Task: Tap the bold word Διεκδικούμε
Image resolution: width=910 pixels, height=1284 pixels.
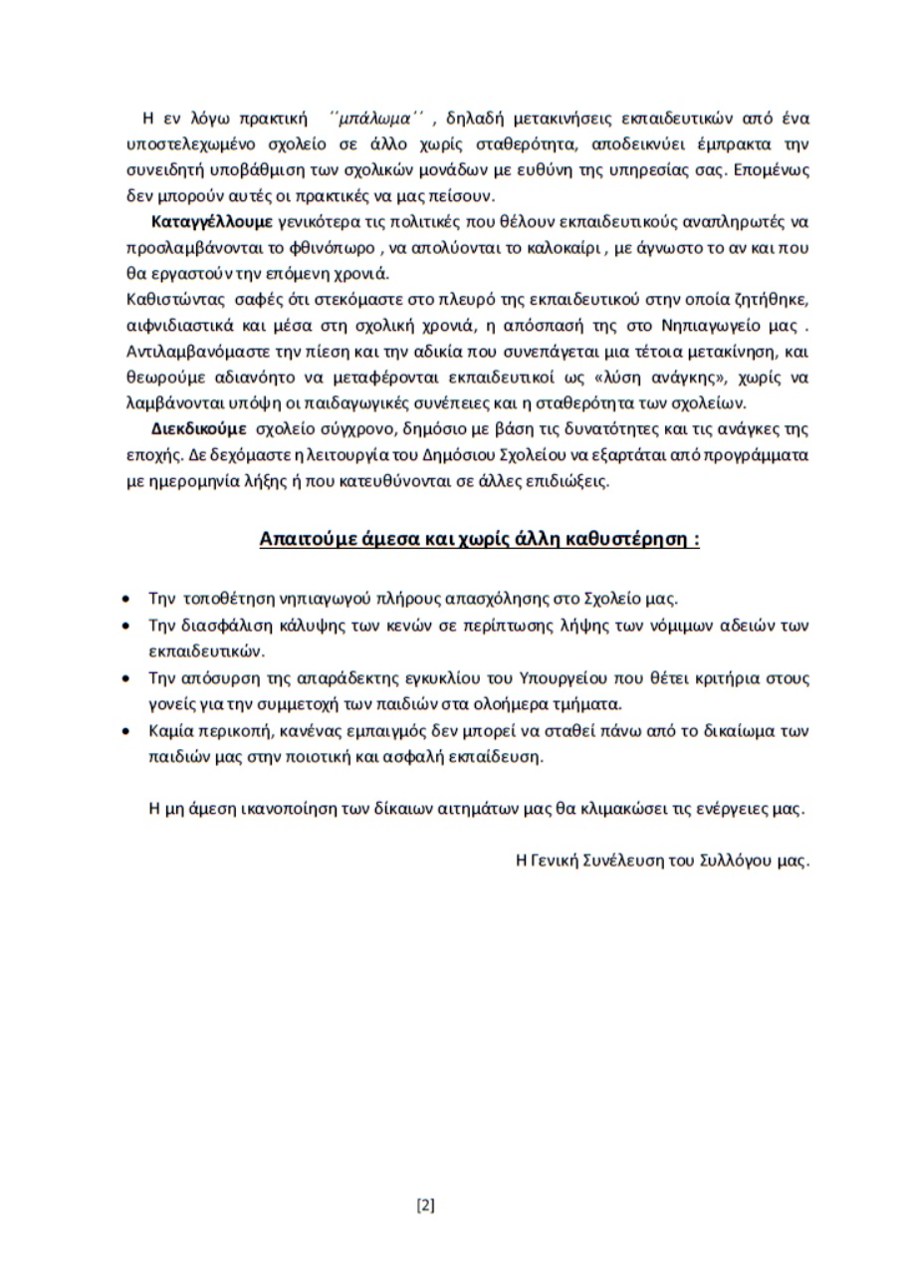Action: [x=198, y=430]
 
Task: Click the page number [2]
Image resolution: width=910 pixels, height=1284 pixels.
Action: [x=425, y=1205]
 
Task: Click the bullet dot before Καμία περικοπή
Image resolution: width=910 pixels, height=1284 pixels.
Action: [x=123, y=731]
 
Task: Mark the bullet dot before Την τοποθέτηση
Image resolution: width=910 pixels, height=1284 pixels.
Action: [x=123, y=600]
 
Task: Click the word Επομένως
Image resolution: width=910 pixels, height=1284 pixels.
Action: [x=773, y=167]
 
